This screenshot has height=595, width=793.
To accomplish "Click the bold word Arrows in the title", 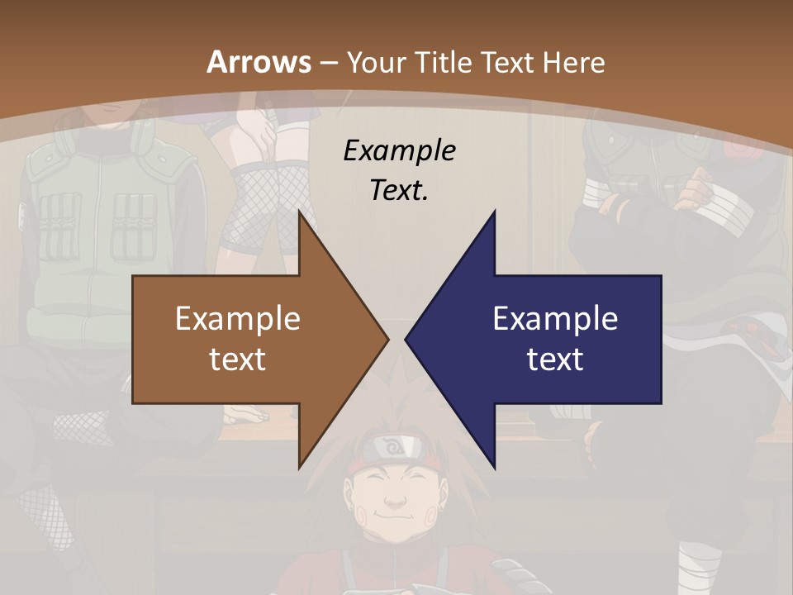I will [259, 62].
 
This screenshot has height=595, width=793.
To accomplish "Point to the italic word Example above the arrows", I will [399, 150].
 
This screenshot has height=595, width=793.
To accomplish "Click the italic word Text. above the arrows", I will [399, 190].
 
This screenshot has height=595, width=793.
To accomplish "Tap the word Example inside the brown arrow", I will [237, 318].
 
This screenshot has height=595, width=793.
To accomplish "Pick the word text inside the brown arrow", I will [237, 359].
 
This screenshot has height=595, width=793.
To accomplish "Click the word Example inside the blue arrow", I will [555, 318].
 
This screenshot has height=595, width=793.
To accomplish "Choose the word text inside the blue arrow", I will [555, 359].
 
